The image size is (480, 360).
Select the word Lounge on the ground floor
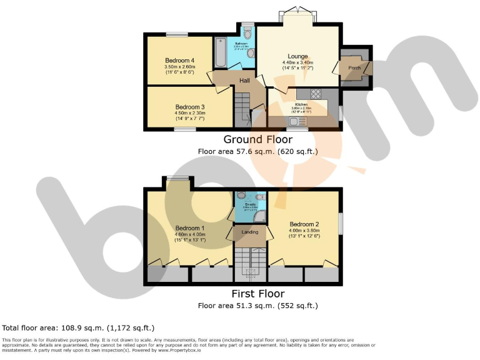297,56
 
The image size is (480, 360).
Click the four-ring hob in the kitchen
316,96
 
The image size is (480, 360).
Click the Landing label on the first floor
250,232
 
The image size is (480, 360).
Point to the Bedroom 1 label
190,227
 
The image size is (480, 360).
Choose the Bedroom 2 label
304,224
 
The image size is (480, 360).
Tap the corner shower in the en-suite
260,217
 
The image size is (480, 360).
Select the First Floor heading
258,294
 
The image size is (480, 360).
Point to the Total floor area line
78,327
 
